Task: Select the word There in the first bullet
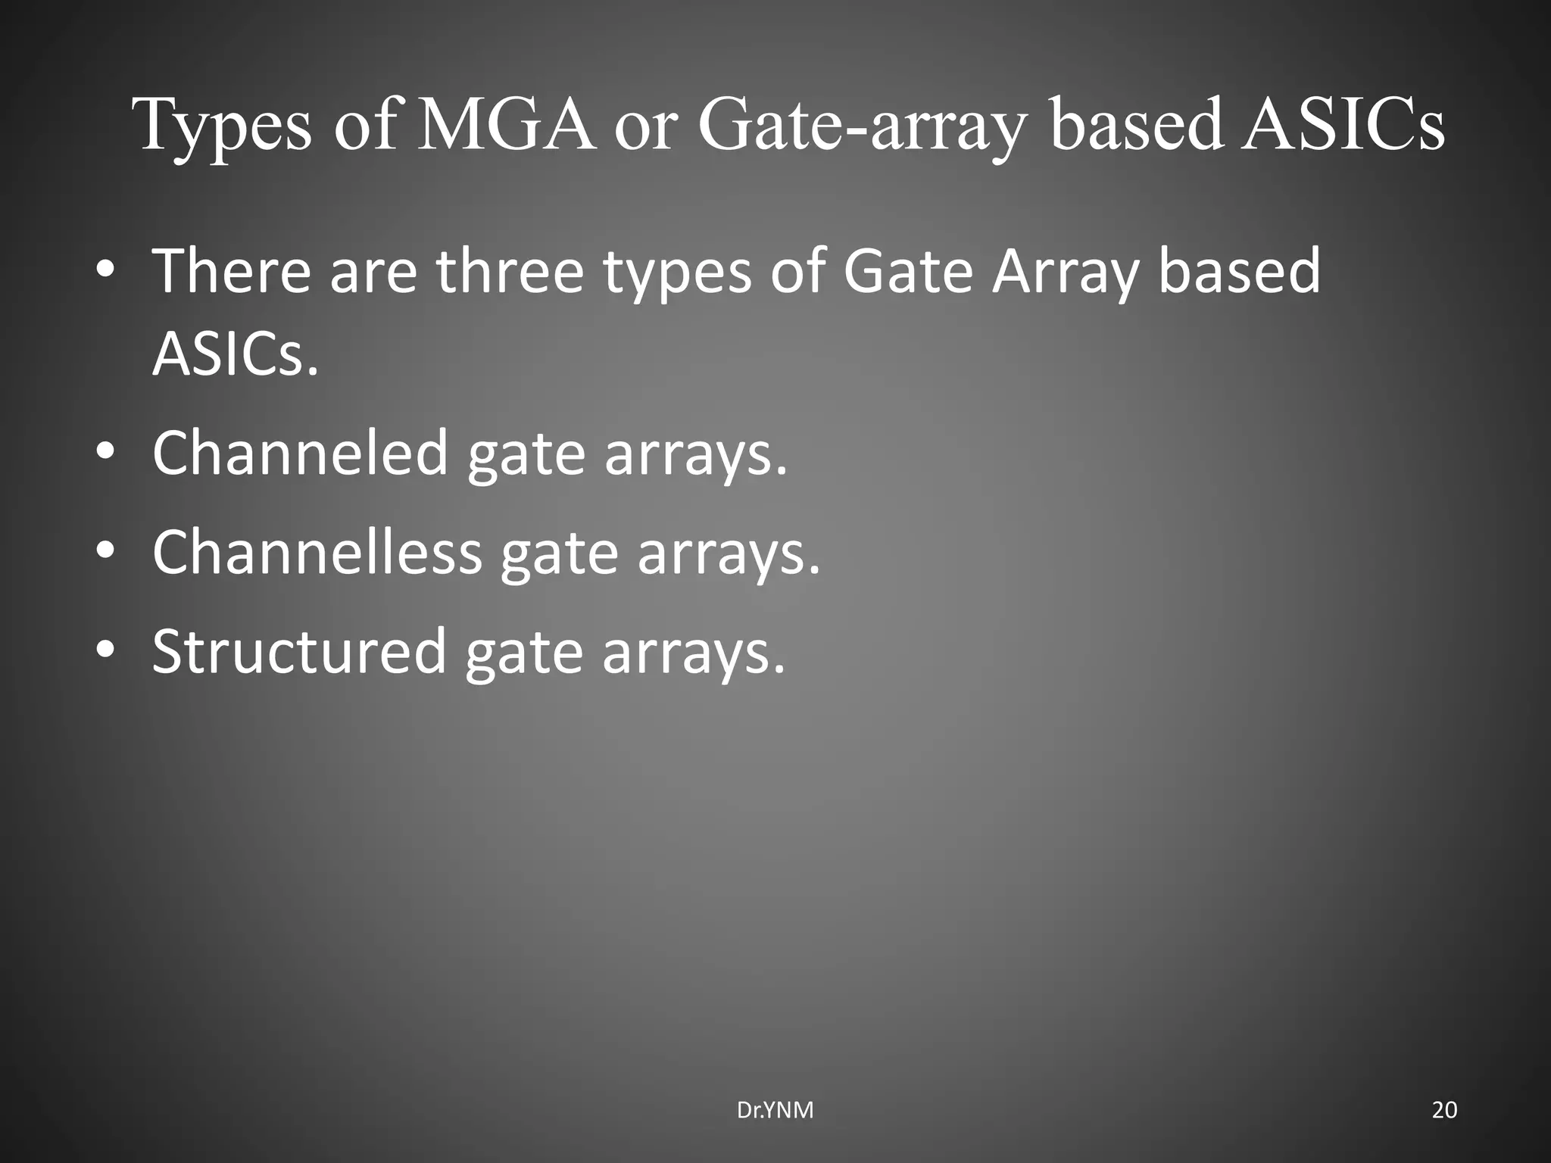(232, 270)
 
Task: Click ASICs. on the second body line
(236, 354)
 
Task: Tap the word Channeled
(301, 453)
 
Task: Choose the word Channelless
(317, 552)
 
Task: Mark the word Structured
(300, 651)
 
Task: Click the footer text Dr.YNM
(775, 1111)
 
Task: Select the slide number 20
(1444, 1111)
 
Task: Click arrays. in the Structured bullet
(694, 653)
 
